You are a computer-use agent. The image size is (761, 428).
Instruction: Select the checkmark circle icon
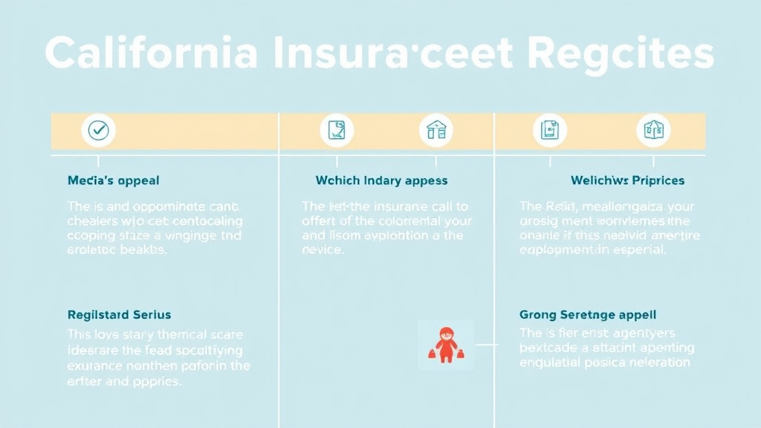click(98, 131)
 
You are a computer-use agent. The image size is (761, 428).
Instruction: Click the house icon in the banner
click(436, 131)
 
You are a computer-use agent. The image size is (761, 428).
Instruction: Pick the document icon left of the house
click(337, 131)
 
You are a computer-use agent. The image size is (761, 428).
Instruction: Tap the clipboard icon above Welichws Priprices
click(550, 131)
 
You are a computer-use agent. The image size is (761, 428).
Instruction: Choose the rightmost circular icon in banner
click(653, 131)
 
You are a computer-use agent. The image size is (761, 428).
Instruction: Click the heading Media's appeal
click(113, 181)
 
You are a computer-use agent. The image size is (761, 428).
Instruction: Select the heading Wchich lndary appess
click(381, 181)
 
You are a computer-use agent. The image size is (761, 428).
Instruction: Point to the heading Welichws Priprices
click(627, 181)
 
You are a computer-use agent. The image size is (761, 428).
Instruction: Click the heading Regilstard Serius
click(119, 315)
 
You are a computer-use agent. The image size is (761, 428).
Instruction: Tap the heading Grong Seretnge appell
click(587, 315)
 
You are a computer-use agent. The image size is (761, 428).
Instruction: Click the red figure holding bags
click(445, 345)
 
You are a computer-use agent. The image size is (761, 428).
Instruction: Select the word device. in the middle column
click(323, 250)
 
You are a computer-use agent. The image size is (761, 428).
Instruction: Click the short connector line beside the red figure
click(486, 345)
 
